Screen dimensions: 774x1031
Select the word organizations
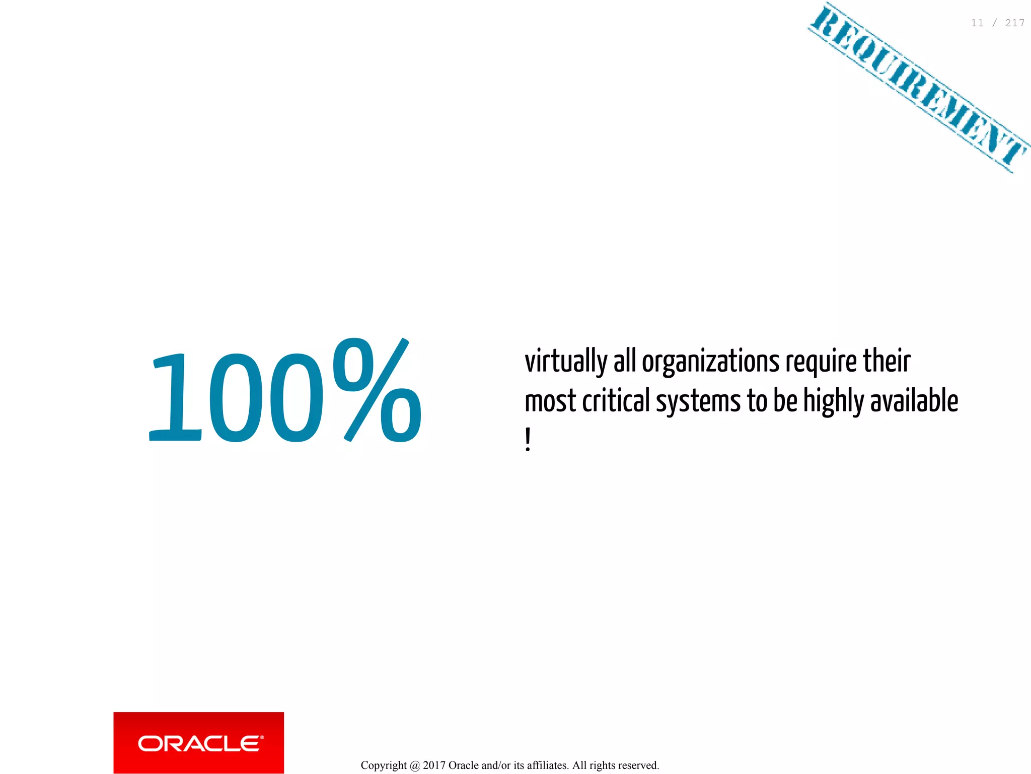[710, 362]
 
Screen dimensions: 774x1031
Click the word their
[887, 361]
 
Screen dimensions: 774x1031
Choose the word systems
[698, 402]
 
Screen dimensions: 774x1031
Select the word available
[914, 401]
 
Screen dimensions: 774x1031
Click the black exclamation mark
[528, 440]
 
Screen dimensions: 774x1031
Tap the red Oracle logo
[199, 743]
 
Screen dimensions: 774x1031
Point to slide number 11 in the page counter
[977, 23]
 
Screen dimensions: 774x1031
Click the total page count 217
[1014, 23]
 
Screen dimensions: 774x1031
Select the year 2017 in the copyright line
[434, 765]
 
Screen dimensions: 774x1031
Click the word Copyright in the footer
[384, 765]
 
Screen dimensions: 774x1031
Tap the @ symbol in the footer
[415, 765]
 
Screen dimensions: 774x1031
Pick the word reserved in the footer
[638, 765]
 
